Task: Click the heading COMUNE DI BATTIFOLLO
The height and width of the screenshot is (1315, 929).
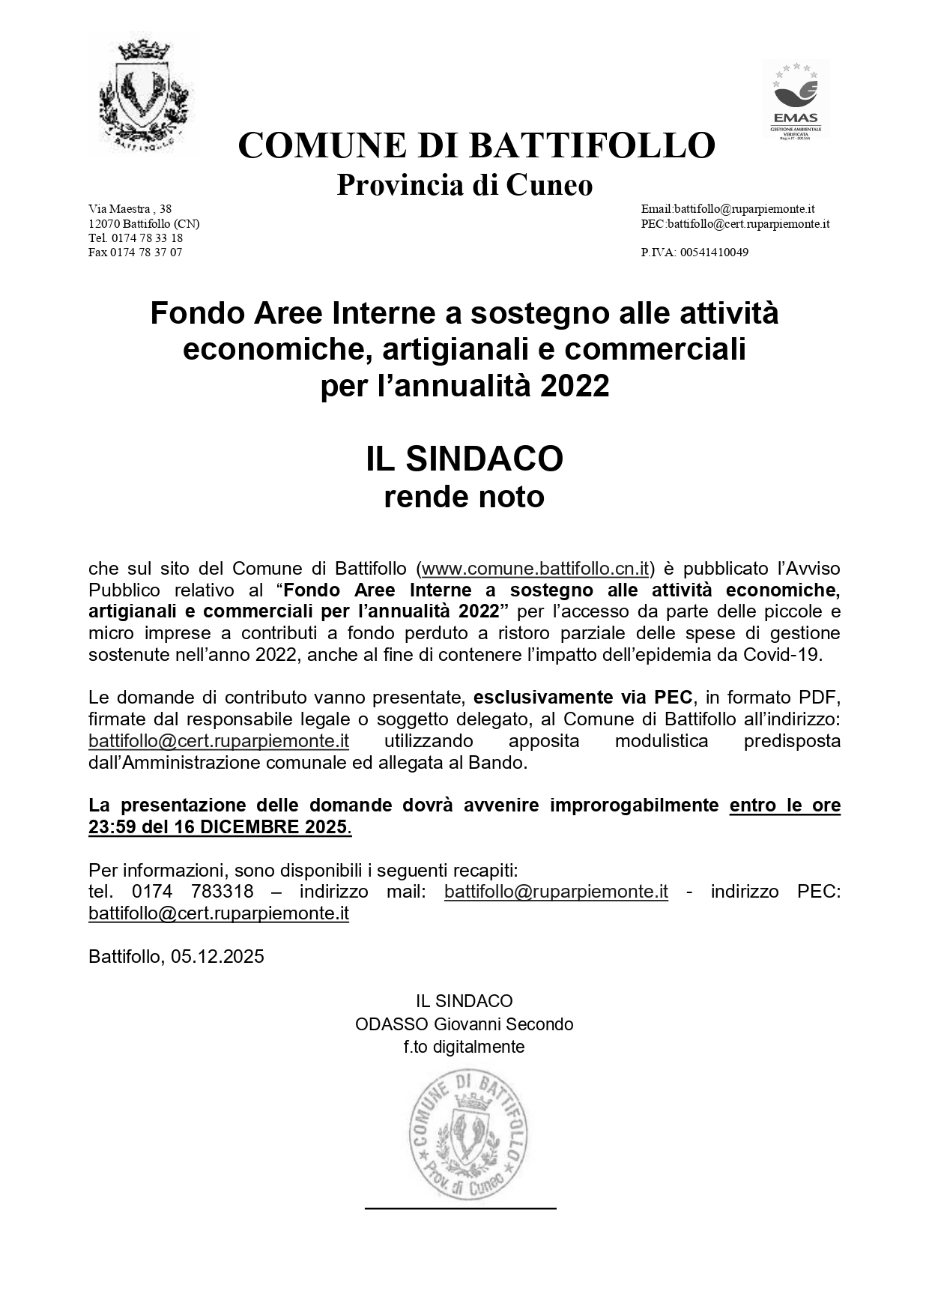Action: coord(476,145)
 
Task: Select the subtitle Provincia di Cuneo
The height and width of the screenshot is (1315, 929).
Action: coord(464,184)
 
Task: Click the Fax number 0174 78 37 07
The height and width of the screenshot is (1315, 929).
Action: coord(136,253)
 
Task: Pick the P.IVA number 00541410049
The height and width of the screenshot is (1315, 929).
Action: coord(695,253)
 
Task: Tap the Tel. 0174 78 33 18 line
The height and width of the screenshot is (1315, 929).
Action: coord(136,238)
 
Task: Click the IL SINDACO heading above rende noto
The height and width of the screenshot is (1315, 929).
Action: coord(464,459)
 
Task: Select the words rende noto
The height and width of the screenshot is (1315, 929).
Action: coord(464,497)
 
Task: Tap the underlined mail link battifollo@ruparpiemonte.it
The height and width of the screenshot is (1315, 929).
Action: coord(556,892)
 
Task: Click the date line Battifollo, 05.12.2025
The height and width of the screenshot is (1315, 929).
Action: coord(176,957)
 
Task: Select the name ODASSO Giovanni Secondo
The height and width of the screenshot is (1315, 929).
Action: coord(464,1024)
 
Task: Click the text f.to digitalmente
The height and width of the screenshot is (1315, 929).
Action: coord(464,1047)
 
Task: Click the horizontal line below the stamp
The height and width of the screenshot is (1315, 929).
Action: coord(461,1208)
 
